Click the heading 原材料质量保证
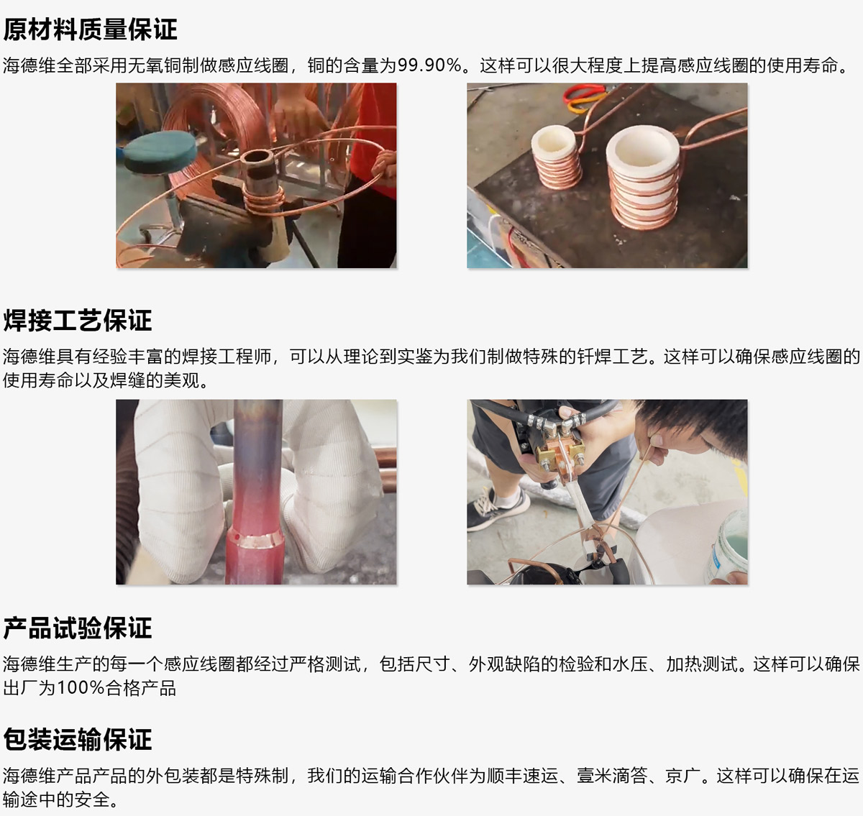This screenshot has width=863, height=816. tap(90, 30)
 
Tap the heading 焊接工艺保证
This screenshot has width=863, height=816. tap(77, 320)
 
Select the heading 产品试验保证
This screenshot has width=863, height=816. tap(77, 628)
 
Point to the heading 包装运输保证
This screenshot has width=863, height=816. tap(77, 739)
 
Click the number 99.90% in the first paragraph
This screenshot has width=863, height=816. tap(429, 65)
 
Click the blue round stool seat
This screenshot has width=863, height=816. tap(160, 152)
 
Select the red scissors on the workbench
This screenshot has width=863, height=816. tap(585, 98)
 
